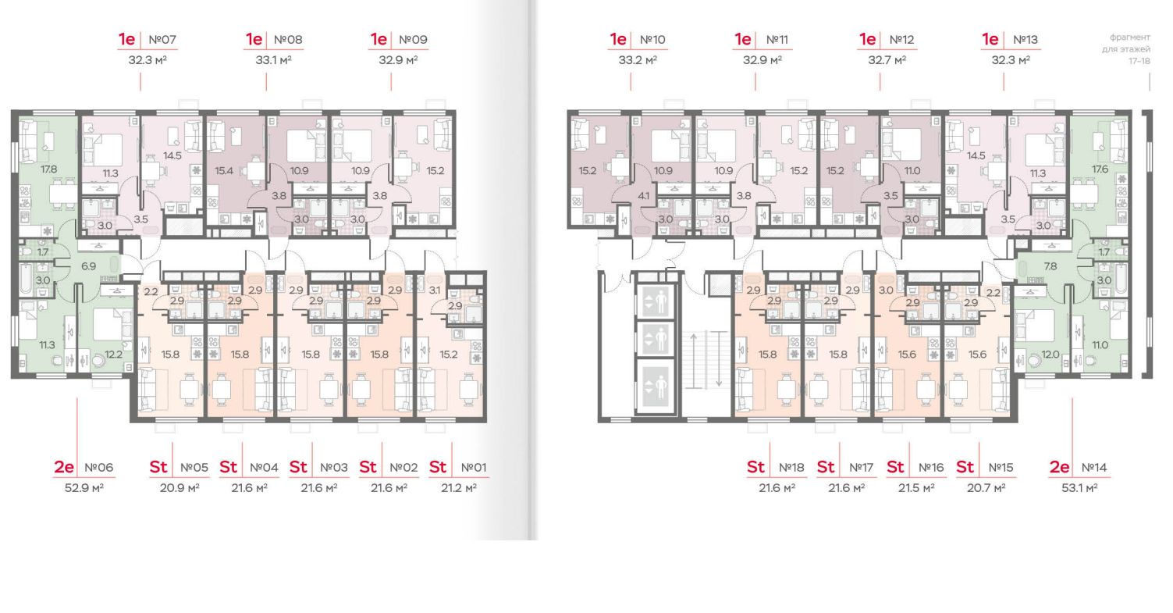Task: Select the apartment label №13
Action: (x=1025, y=39)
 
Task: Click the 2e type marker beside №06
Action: (x=64, y=467)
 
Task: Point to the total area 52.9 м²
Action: (x=85, y=487)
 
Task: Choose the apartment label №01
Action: (x=473, y=467)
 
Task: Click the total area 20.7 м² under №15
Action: (x=986, y=487)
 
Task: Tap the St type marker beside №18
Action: (x=755, y=467)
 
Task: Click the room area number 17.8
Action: (x=29, y=168)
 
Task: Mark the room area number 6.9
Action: (x=88, y=266)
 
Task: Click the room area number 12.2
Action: (x=113, y=354)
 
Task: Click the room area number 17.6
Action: (x=1100, y=168)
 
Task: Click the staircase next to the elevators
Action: (x=707, y=359)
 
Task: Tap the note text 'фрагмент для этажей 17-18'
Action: (x=1129, y=48)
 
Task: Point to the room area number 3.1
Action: (x=435, y=290)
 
